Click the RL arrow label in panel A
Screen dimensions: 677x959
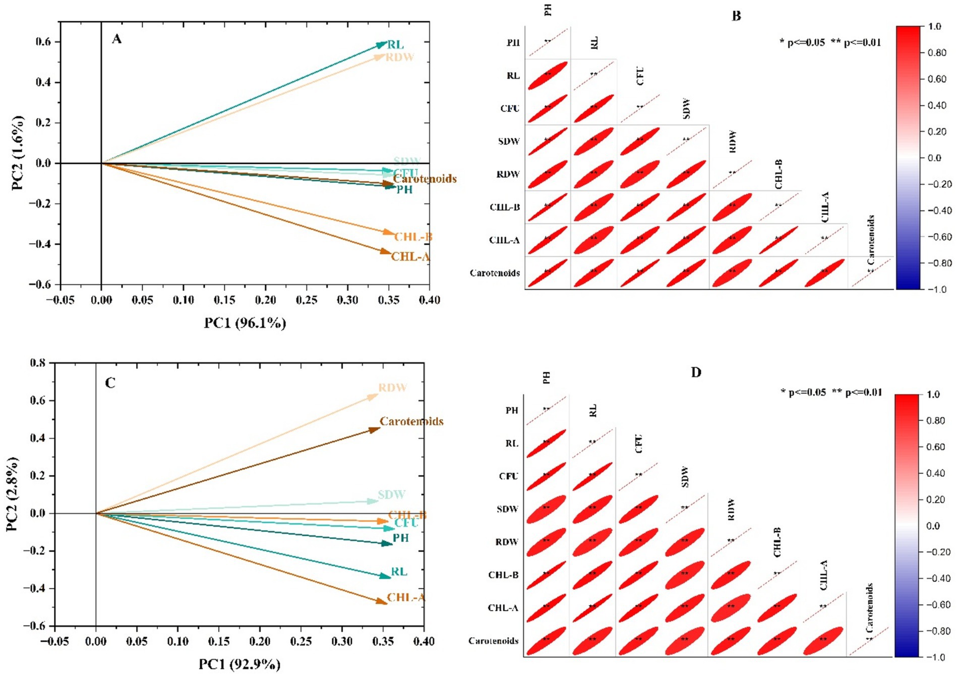tap(396, 45)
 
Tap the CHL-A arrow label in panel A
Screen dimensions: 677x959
tap(410, 257)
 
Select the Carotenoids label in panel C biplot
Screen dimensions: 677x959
tap(411, 421)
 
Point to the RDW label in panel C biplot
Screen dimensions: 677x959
tap(393, 387)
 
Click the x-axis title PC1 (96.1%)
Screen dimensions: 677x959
tap(245, 323)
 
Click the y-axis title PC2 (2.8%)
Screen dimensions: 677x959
tap(12, 494)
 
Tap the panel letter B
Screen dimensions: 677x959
tap(736, 16)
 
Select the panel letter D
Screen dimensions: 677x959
tap(696, 372)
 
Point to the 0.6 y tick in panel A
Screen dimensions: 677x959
tap(44, 41)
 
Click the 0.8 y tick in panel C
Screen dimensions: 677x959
tap(38, 363)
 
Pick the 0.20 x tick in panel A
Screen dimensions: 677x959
tap(265, 300)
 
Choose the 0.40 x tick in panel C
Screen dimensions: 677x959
tap(424, 641)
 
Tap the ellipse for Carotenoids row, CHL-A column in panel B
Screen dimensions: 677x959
tap(824, 273)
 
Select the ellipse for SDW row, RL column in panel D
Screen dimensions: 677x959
tap(592, 509)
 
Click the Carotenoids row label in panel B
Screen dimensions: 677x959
tap(495, 273)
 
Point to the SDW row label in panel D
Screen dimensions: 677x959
tap(507, 509)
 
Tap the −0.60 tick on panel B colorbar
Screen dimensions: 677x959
tap(940, 237)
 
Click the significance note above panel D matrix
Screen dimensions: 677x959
tap(831, 392)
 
